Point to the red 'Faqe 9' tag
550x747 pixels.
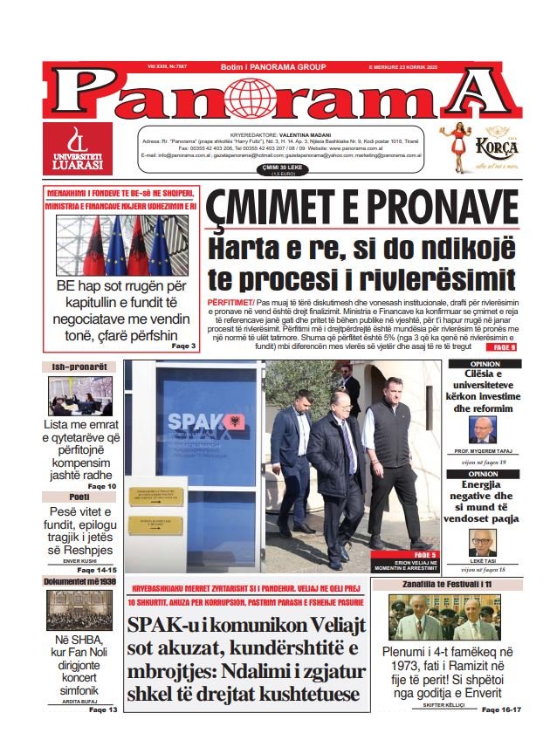click(x=505, y=347)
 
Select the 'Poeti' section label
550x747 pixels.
click(x=79, y=497)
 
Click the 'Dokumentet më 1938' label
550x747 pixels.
click(x=79, y=581)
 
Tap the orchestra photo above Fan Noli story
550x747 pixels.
click(x=79, y=610)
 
